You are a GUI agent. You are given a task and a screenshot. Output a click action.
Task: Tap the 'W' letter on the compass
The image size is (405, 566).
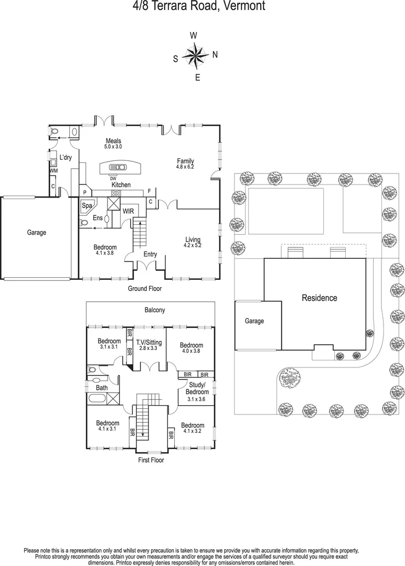194,35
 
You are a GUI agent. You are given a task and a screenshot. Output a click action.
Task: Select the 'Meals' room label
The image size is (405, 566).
113,141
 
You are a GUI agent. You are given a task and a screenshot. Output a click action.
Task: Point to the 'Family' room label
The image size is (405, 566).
185,161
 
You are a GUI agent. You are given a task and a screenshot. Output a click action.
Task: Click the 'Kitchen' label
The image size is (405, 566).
121,185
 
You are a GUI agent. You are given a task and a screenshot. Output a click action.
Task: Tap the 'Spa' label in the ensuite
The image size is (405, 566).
87,206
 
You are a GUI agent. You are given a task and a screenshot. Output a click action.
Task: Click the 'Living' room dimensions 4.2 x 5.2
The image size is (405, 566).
192,245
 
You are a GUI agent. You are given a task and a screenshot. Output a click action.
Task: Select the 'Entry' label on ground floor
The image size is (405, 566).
150,255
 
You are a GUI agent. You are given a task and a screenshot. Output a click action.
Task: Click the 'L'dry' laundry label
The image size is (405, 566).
66,158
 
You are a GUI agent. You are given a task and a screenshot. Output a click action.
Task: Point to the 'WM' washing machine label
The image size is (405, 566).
53,171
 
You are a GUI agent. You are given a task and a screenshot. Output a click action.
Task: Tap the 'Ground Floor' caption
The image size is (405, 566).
145,289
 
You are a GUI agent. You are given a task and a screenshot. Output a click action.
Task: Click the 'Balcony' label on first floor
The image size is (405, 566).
155,310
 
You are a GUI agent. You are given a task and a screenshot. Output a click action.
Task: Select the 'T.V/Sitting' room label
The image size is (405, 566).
149,342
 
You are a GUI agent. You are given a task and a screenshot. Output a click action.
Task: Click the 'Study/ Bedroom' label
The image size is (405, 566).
198,388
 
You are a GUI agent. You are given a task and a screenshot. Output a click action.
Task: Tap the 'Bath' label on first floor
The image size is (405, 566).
102,388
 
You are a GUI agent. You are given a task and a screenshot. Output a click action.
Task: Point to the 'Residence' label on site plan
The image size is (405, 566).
319,298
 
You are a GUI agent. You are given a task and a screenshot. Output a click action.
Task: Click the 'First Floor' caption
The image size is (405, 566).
151,460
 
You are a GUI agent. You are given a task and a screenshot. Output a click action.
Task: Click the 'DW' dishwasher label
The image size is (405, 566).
113,179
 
